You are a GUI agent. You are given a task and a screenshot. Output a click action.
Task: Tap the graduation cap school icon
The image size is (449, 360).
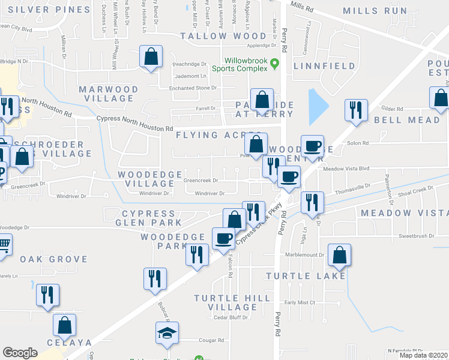(x=167, y=332)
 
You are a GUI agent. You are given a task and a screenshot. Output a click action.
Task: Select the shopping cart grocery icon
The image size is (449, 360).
(x=4, y=245)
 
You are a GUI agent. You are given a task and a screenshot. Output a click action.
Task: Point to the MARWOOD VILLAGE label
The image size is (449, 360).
(x=109, y=94)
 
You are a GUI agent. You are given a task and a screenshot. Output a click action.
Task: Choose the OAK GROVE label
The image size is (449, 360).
(x=53, y=259)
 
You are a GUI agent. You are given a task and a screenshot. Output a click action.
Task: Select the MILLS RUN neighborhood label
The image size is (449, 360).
(x=374, y=11)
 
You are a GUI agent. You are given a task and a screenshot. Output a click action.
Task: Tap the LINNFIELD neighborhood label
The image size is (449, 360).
(x=325, y=66)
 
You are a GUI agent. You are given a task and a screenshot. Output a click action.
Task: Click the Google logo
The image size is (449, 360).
(x=20, y=352)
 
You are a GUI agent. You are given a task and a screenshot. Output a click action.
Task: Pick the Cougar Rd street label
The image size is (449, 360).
(x=212, y=340)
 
